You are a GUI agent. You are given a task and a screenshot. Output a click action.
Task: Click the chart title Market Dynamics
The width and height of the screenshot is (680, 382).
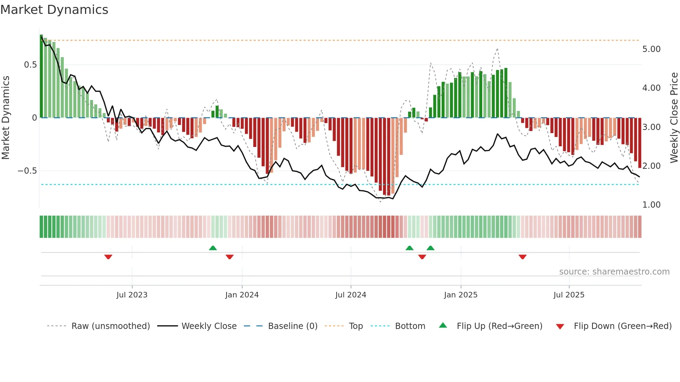[54, 10]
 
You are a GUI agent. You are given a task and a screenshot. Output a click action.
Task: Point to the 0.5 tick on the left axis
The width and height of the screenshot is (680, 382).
[30, 65]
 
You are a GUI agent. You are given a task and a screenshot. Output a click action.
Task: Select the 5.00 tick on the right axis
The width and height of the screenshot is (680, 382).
[651, 49]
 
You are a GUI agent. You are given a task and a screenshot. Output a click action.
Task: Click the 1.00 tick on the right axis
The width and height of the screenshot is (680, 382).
[651, 205]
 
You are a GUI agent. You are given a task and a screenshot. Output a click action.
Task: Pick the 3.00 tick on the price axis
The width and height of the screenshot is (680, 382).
[651, 127]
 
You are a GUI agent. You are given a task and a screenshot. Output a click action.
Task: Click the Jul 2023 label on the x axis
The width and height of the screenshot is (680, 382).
[132, 295]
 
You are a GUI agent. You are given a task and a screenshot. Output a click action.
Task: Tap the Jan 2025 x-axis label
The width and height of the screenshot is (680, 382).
[460, 295]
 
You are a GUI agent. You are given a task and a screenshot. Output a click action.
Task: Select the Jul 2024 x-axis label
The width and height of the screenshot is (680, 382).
[350, 295]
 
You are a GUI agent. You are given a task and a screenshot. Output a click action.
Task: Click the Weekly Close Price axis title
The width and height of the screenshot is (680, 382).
[674, 118]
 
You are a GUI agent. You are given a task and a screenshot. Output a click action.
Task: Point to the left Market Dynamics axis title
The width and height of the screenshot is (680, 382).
[6, 118]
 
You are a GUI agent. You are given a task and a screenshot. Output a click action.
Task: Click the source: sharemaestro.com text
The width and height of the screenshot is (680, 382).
[614, 272]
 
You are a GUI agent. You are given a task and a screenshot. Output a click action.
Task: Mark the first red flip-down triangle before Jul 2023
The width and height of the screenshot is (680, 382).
[108, 257]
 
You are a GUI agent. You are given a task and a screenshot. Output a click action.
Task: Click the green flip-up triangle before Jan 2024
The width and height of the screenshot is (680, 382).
[213, 248]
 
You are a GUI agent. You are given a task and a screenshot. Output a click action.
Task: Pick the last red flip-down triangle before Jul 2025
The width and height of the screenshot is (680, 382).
[522, 257]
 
